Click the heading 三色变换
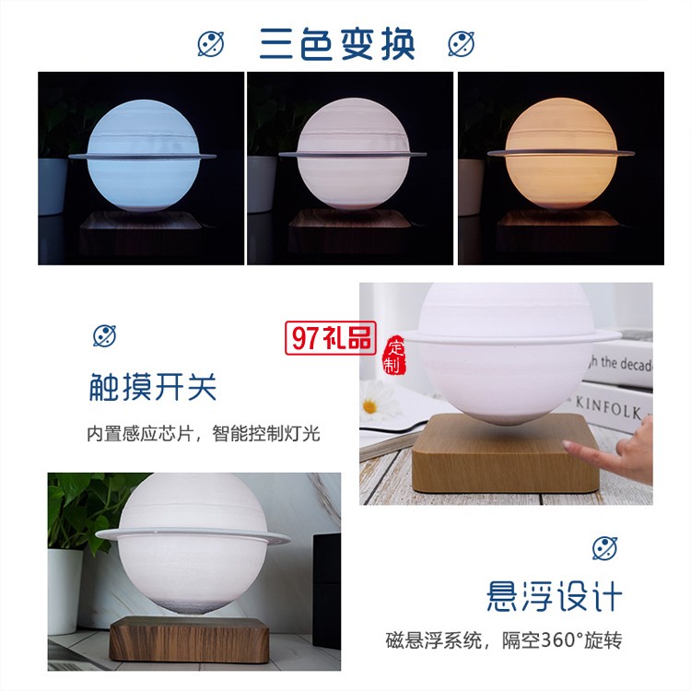[337, 44]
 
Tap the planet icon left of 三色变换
[211, 44]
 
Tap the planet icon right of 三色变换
[462, 44]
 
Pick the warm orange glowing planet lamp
[560, 153]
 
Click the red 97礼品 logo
[331, 338]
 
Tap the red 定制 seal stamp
[395, 356]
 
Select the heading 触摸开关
[152, 387]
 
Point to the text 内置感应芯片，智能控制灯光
[204, 434]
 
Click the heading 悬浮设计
[555, 596]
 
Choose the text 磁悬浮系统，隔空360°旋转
[504, 640]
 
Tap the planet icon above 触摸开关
[104, 335]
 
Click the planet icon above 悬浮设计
[604, 548]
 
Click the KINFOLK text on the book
[608, 408]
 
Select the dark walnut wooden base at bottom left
[190, 639]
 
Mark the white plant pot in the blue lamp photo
[53, 187]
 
